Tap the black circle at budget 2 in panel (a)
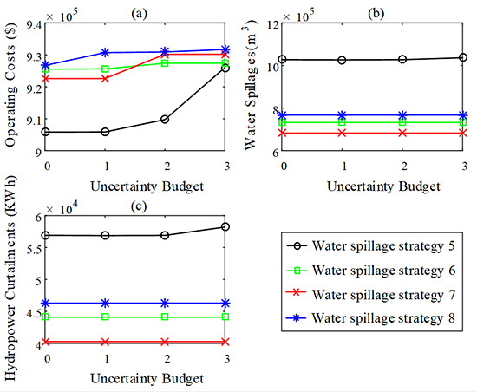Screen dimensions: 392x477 point(165,119)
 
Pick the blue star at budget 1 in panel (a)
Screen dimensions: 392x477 point(105,53)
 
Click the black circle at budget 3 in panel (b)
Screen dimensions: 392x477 point(463,57)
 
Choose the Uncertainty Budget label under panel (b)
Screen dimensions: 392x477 point(376,185)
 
